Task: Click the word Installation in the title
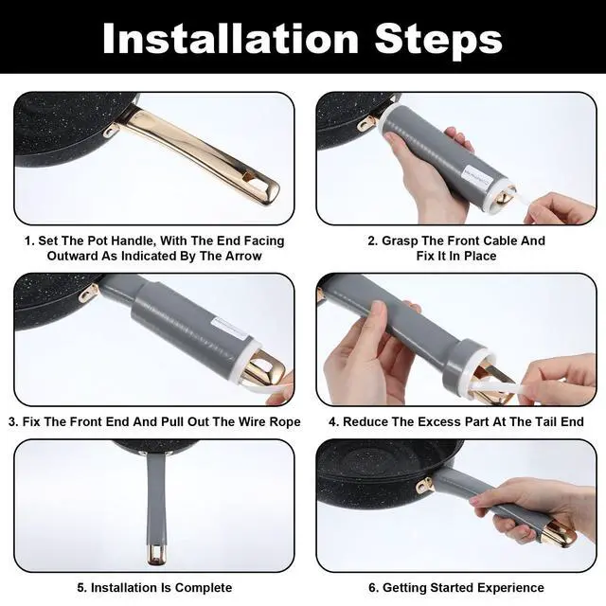(x=231, y=39)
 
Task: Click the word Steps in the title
(x=438, y=41)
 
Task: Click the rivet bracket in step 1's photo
(x=111, y=130)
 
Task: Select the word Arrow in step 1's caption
(x=243, y=256)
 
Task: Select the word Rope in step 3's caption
(x=286, y=421)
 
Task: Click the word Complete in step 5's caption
(x=204, y=588)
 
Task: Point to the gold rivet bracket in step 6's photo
(x=425, y=485)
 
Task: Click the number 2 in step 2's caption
(x=371, y=241)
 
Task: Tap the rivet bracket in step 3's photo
(x=90, y=293)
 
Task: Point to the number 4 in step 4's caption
(x=332, y=421)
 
